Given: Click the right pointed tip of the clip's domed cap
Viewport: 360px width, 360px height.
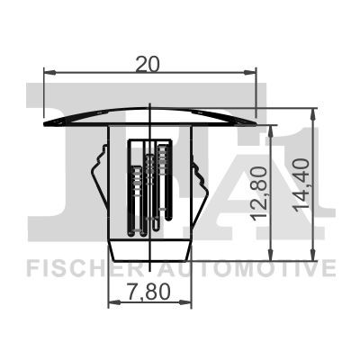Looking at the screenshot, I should coord(255,117).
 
